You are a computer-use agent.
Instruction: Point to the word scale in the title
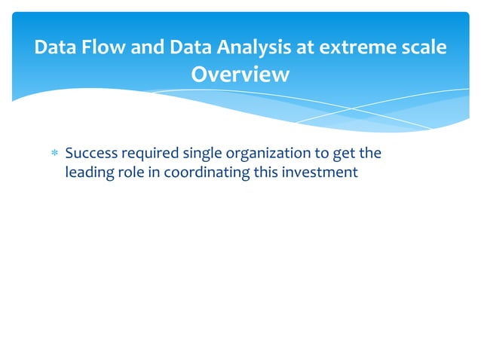[x=424, y=48]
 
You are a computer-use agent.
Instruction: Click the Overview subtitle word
[x=240, y=75]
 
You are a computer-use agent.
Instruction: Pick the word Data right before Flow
[x=54, y=48]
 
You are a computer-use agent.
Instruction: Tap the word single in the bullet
[x=198, y=154]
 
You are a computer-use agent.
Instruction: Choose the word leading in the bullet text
[x=88, y=172]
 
